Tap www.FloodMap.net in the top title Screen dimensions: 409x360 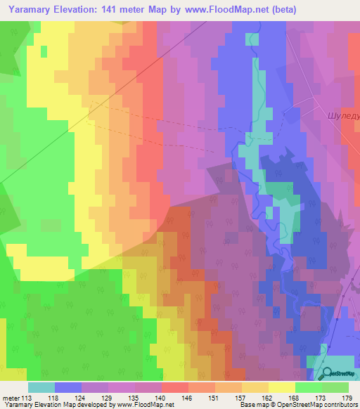pos(223,10)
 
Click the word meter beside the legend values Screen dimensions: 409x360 pos(11,397)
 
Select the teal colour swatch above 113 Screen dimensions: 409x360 pos(41,387)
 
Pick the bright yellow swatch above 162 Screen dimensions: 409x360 pos(281,387)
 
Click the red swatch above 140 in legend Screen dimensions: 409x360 pos(174,387)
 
